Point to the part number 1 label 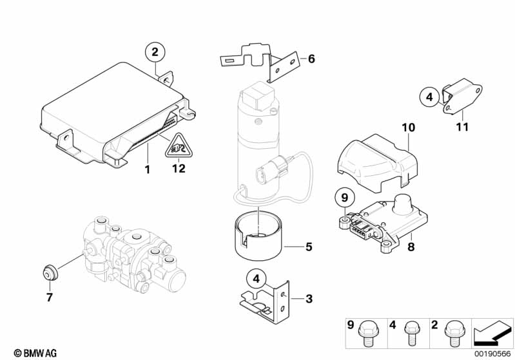(x=147, y=169)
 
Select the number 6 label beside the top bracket (x=311, y=59)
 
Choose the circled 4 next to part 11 (x=429, y=97)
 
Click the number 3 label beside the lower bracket (x=309, y=299)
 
